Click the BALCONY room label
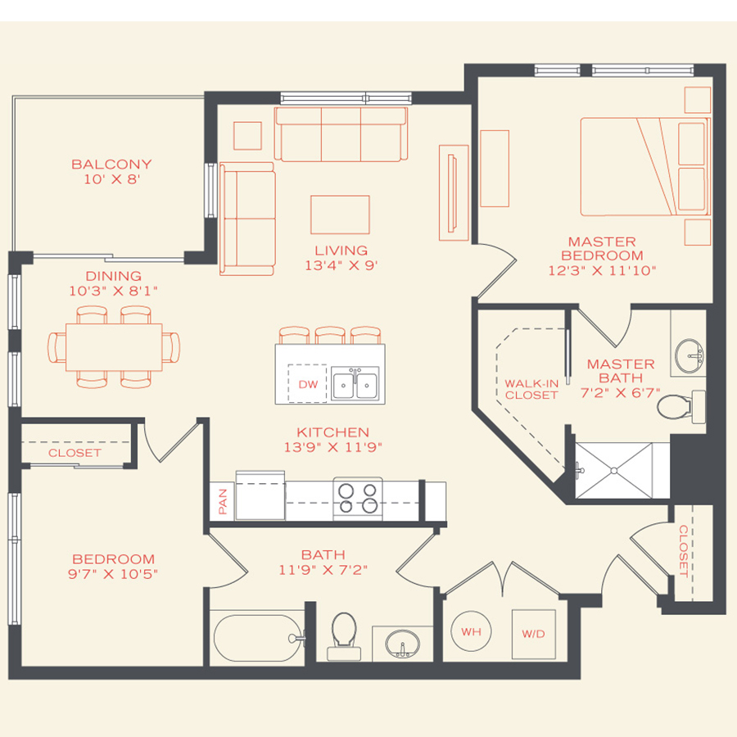click(x=111, y=164)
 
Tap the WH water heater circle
click(x=471, y=632)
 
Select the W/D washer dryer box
click(x=533, y=634)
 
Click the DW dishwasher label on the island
click(x=308, y=384)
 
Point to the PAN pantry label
click(x=223, y=500)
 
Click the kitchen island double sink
click(x=355, y=383)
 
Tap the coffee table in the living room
click(x=340, y=215)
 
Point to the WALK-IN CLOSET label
click(x=531, y=389)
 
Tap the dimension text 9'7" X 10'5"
click(x=113, y=573)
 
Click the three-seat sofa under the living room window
click(x=341, y=133)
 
